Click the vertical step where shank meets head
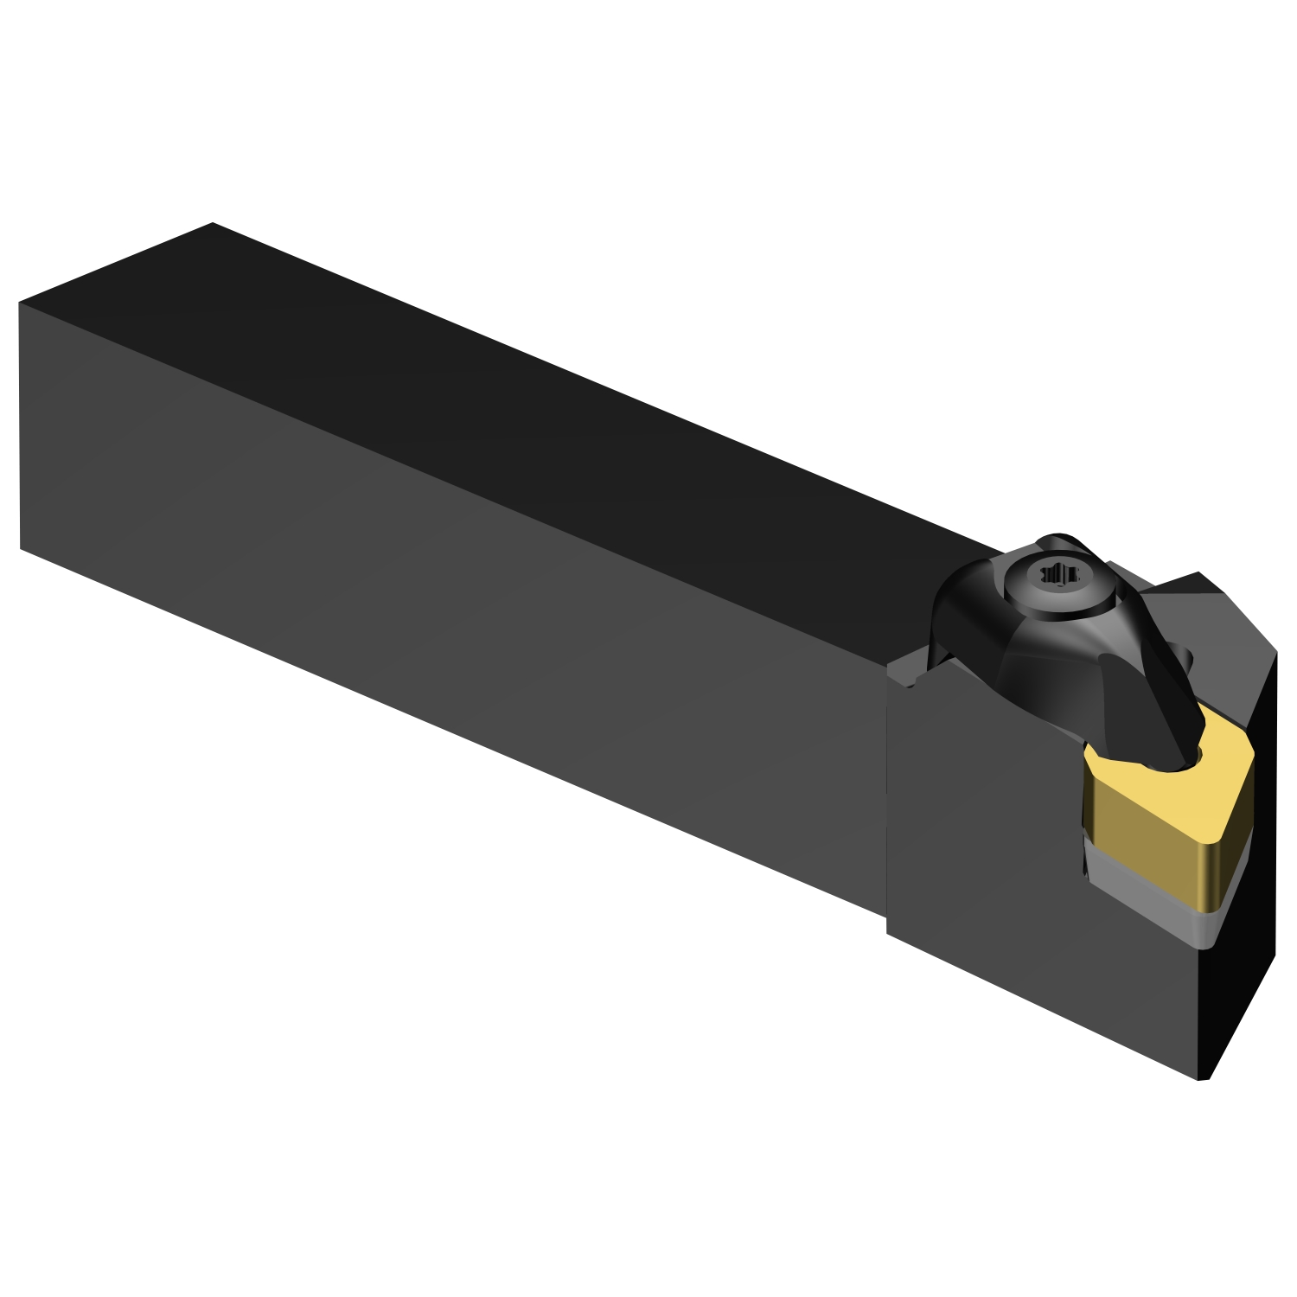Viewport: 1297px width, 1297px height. point(888,795)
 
